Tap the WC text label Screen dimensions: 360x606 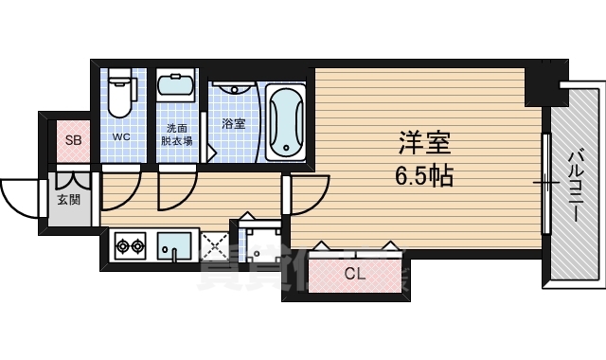click(121, 136)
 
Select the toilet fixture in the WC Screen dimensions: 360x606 click(120, 94)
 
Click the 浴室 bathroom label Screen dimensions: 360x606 click(233, 123)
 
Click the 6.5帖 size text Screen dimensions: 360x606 click(422, 175)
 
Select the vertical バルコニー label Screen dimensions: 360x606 click(575, 185)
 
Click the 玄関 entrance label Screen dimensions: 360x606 click(68, 200)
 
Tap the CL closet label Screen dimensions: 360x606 click(354, 276)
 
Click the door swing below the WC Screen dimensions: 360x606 click(121, 187)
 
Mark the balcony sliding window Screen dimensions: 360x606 click(546, 182)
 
